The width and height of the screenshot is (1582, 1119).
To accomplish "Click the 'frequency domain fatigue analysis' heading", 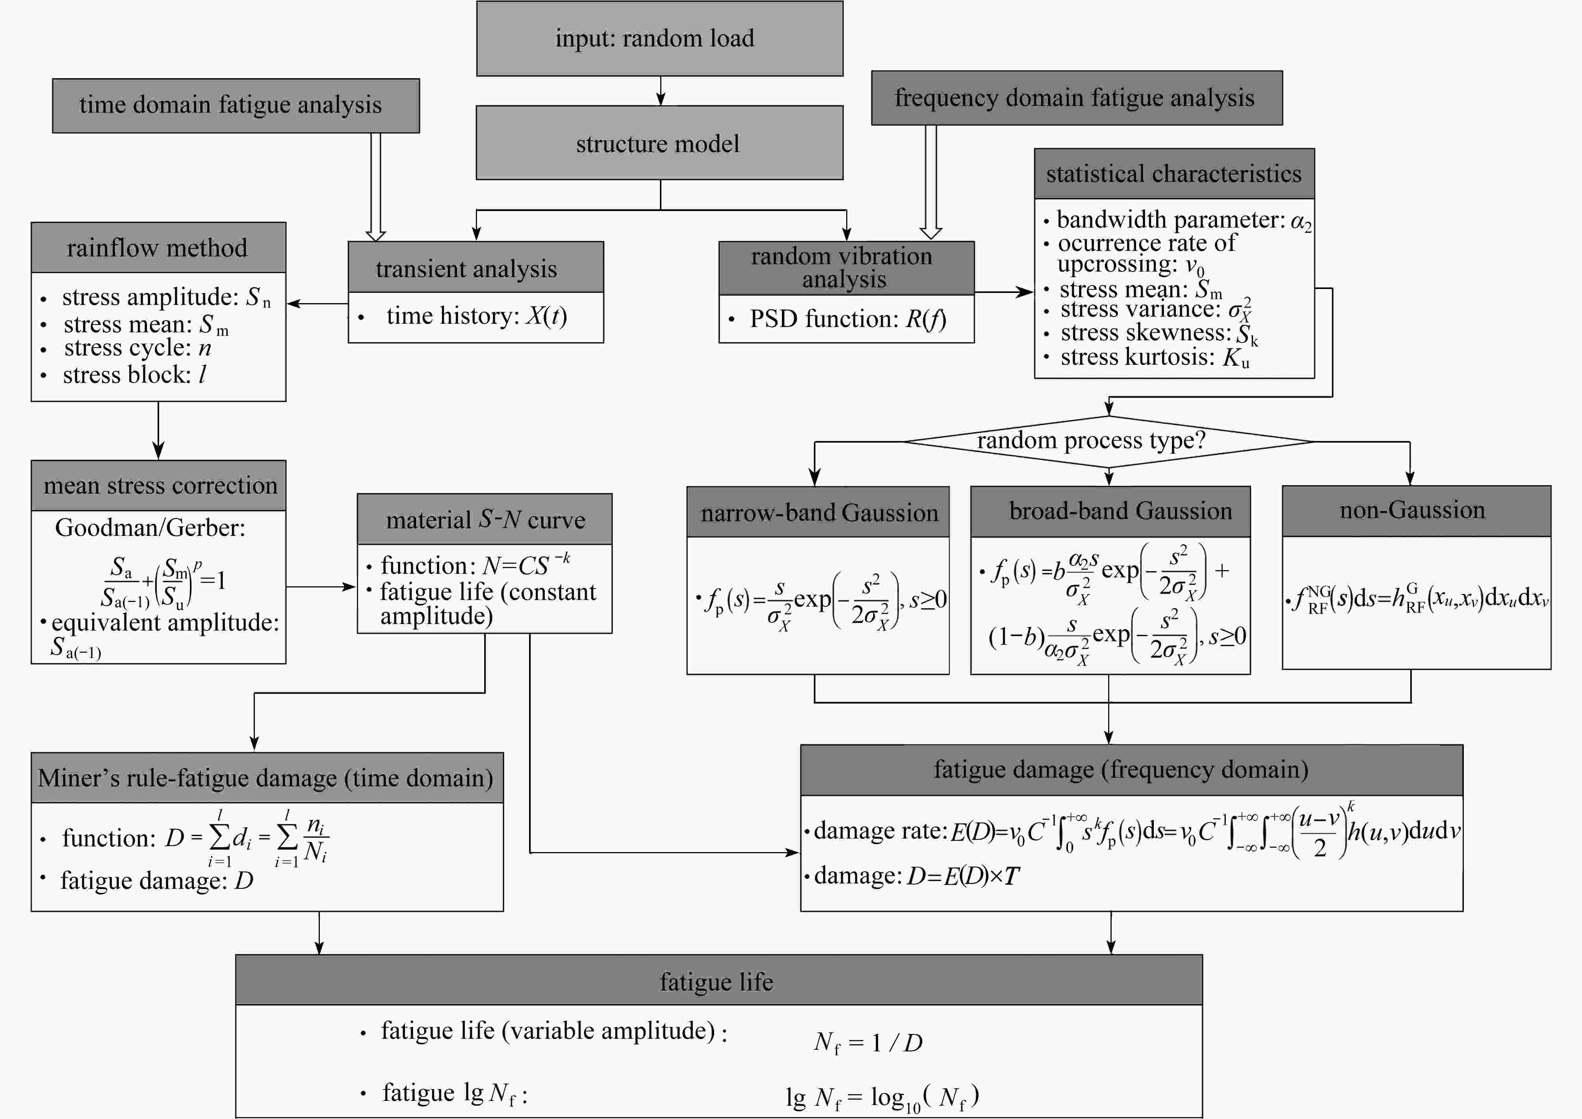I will [1076, 98].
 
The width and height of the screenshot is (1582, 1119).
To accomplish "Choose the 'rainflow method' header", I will [158, 247].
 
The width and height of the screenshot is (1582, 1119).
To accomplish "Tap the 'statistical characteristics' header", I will [1174, 174].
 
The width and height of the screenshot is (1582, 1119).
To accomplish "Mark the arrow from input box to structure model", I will [660, 91].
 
